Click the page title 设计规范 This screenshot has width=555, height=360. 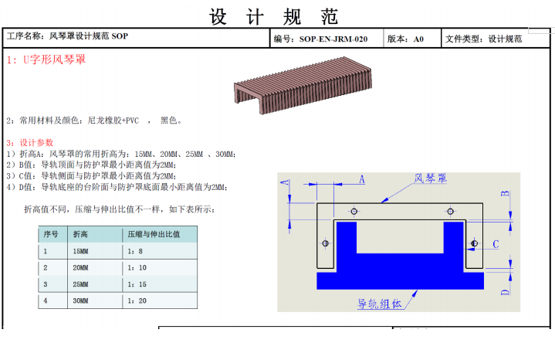(x=273, y=17)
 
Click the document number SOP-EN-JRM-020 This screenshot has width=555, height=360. (x=333, y=39)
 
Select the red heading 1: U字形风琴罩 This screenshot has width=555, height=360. (x=46, y=59)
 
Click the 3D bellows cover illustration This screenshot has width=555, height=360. (x=303, y=85)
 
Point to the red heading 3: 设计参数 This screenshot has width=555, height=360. (x=30, y=143)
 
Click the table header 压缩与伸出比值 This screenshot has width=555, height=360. (x=154, y=234)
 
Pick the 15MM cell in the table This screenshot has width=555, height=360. (x=80, y=251)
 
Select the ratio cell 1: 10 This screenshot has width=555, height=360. (x=137, y=268)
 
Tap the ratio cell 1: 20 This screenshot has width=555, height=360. (x=137, y=301)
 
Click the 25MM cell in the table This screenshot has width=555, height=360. (x=80, y=284)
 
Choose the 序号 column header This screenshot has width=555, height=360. (x=51, y=234)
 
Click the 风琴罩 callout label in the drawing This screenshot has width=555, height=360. (x=431, y=178)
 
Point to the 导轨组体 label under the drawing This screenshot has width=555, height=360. (x=380, y=304)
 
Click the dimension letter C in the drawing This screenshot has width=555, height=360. (x=496, y=244)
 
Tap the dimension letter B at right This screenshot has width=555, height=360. (x=505, y=193)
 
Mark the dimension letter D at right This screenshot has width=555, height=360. (x=505, y=292)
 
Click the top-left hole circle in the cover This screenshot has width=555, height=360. (x=354, y=212)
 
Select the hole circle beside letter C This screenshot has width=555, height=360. (x=474, y=243)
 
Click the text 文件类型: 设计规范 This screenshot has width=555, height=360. (x=483, y=39)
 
